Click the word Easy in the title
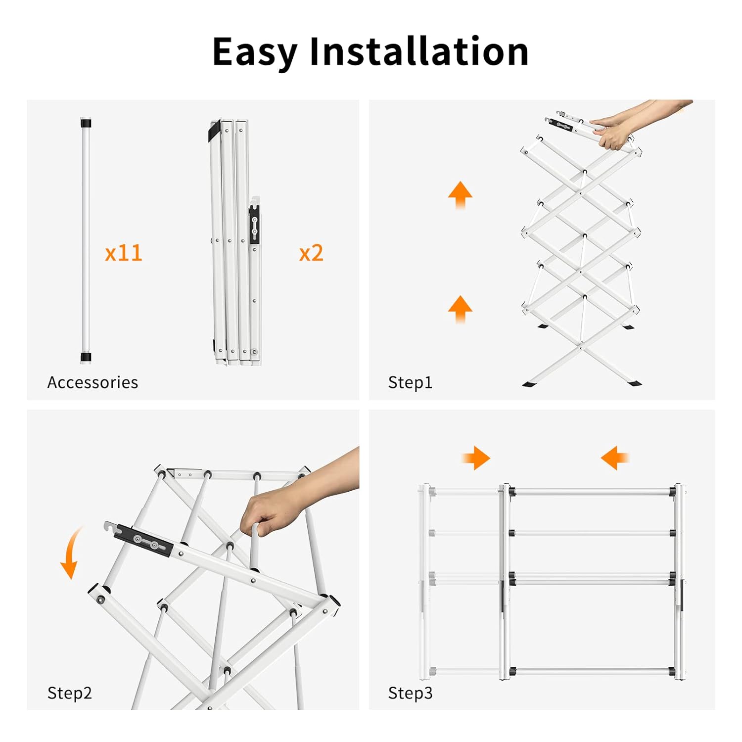coord(254,52)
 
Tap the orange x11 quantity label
coord(123,253)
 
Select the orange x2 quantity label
coord(311,253)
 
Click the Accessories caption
coord(93,382)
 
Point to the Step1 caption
coord(410,382)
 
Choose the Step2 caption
coord(69,693)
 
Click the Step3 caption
coord(410,693)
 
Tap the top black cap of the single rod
coord(86,123)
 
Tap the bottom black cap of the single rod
coord(86,357)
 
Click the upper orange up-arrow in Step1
coord(460,194)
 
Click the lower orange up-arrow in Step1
coord(460,309)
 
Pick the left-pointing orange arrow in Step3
coord(614,458)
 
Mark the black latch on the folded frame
coord(254,225)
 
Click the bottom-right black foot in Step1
coord(634,383)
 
